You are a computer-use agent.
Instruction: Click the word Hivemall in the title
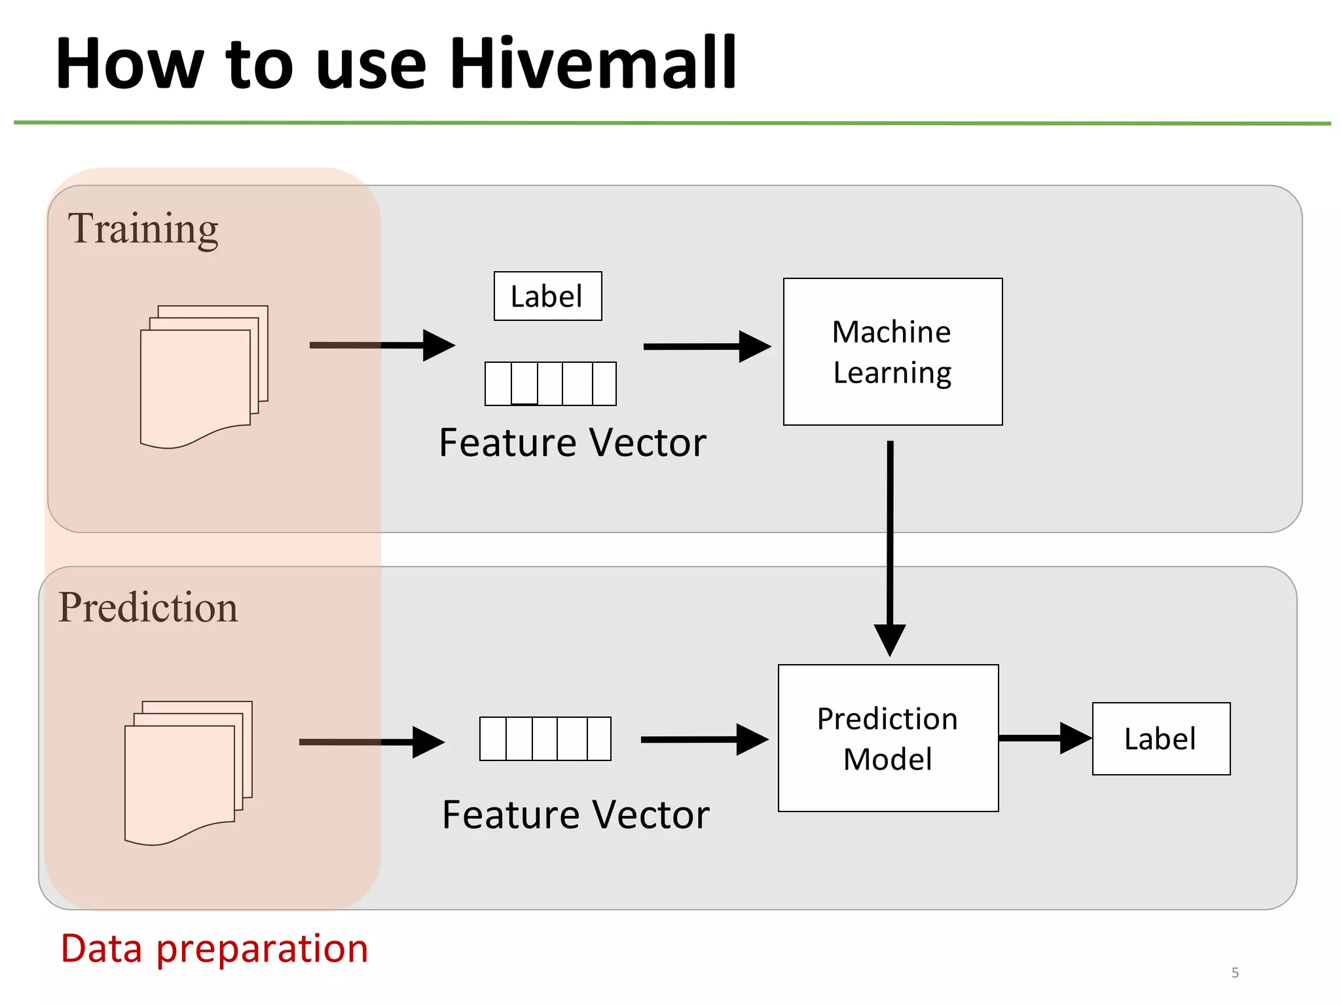593,64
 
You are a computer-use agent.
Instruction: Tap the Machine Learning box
892,352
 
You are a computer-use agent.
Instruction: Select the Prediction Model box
888,738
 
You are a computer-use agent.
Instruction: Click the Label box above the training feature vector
547,296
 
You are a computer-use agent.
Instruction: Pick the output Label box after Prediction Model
1160,739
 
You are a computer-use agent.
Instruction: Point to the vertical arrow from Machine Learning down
890,544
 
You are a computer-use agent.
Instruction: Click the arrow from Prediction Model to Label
1044,738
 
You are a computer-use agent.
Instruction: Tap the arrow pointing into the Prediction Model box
703,739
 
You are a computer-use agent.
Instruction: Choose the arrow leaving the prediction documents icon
371,742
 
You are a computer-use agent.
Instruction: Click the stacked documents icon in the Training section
204,376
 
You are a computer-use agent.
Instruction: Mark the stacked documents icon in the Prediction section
188,773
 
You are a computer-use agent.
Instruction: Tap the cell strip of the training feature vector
550,384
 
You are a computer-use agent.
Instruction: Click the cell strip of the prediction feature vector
545,739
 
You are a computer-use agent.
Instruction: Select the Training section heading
143,229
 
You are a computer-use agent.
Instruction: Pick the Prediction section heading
148,607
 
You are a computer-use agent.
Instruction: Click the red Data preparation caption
214,948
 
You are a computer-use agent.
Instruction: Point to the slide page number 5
1235,973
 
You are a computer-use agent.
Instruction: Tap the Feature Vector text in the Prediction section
576,815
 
